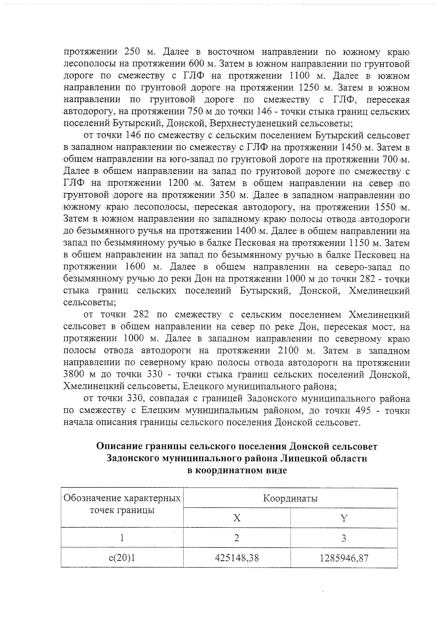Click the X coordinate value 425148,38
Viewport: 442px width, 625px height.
(236, 558)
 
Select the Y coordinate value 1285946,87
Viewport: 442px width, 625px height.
(344, 558)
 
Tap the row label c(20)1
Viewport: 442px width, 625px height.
(122, 558)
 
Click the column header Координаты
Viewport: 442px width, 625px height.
(290, 499)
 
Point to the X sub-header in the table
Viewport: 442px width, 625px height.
(236, 518)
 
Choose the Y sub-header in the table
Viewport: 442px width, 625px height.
(344, 518)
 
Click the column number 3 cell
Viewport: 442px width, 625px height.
(344, 538)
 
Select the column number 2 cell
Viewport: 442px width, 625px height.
(236, 538)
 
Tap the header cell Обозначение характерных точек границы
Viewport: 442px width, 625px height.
(122, 505)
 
